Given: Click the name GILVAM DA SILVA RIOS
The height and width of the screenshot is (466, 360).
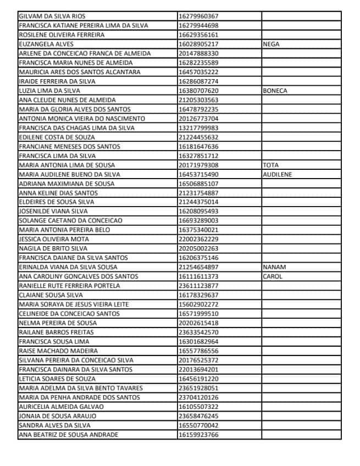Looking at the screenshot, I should (x=52, y=16).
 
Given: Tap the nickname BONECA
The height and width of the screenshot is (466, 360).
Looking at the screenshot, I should (x=275, y=91).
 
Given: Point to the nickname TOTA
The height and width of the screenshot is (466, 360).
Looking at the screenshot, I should (x=271, y=165).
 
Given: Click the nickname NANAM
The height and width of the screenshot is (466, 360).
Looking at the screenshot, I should (x=274, y=267).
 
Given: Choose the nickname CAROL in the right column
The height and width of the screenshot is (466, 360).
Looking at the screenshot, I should (x=273, y=276).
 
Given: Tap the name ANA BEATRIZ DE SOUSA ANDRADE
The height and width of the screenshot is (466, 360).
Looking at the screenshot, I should (x=68, y=435).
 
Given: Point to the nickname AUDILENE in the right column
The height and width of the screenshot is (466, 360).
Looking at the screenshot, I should (x=278, y=174).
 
